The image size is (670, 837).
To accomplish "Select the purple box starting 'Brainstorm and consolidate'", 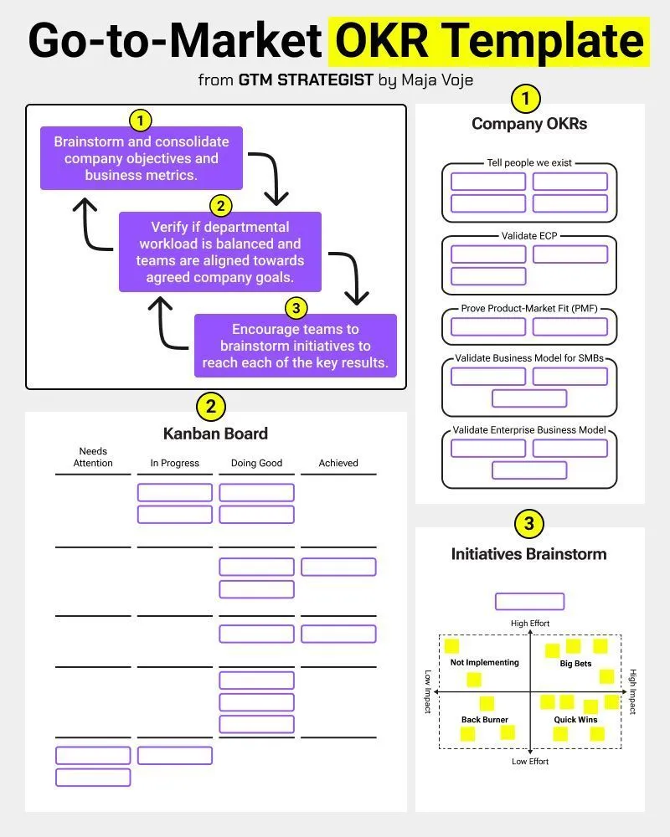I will point(141,158).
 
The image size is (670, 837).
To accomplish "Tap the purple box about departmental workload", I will point(219,252).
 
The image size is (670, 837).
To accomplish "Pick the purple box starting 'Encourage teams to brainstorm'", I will point(296,346).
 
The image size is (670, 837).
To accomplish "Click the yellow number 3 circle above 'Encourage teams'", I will point(295,309).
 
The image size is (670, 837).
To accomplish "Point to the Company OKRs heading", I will point(529,124).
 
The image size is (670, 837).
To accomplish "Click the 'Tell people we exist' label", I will point(529,163).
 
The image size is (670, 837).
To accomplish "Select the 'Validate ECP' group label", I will point(529,236).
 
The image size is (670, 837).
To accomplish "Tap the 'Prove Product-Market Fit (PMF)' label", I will point(529,308).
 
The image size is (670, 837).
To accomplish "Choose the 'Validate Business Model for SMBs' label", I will point(529,358).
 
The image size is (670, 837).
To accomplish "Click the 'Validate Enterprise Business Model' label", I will point(529,429).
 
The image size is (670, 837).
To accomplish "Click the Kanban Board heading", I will point(215,434).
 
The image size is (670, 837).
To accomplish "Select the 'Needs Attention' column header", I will point(93,457).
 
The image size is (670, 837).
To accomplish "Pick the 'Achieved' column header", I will point(338,463).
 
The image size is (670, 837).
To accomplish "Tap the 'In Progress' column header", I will point(175,463).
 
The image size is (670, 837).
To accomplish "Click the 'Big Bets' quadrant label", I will point(575,664).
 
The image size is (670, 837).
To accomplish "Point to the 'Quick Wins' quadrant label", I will point(575,720).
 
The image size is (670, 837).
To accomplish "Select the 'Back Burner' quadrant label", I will point(485,720).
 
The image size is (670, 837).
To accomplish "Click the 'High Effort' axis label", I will point(530,624).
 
